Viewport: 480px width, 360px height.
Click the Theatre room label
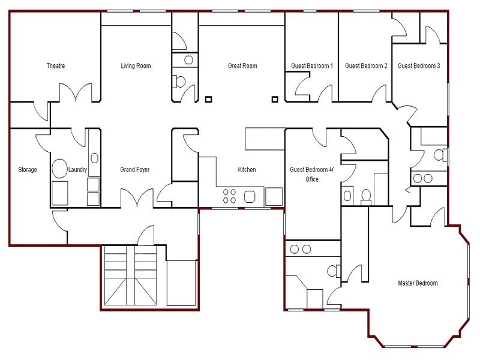(x=56, y=66)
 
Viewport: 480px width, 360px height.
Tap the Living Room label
(x=136, y=66)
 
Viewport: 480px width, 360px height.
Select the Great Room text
(x=242, y=66)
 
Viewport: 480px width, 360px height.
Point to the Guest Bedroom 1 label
(x=312, y=66)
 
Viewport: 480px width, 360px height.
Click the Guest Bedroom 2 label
(x=366, y=66)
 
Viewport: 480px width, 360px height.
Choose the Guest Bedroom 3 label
(x=419, y=66)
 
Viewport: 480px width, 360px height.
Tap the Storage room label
(x=28, y=170)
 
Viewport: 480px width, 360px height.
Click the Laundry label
(x=78, y=170)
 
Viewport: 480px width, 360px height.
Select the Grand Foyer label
(x=135, y=170)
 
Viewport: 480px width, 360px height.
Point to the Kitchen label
(x=247, y=170)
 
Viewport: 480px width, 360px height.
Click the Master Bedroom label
(x=418, y=283)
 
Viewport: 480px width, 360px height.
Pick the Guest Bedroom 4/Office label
(x=311, y=174)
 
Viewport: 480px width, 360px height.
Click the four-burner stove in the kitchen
(x=230, y=196)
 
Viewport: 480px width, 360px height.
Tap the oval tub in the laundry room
(x=59, y=169)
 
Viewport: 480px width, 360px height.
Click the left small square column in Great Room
(x=208, y=99)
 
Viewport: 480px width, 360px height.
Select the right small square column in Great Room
(x=275, y=99)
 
